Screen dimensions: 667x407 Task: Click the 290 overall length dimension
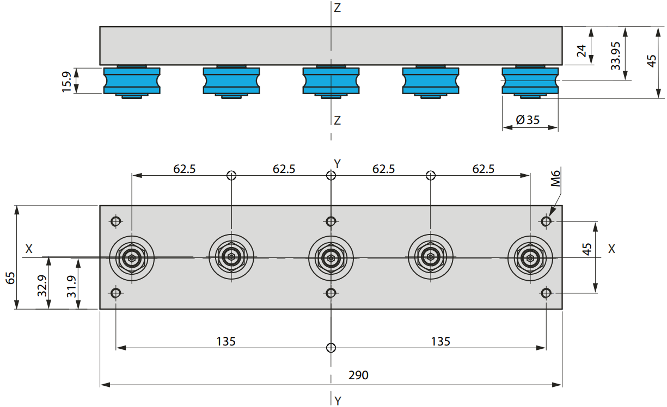[x=358, y=375]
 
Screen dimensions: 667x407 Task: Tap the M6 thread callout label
[x=555, y=178]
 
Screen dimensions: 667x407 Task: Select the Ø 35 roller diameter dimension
[x=528, y=120]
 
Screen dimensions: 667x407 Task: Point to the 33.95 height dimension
[x=615, y=56]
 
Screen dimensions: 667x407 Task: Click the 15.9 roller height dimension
[x=66, y=82]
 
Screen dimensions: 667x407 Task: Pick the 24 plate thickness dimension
[x=582, y=51]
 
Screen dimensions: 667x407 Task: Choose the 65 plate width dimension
[x=11, y=278]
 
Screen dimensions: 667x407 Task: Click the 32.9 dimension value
[x=42, y=286]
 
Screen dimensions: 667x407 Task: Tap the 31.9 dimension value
[x=71, y=287]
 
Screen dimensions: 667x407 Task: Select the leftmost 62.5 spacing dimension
[x=185, y=169]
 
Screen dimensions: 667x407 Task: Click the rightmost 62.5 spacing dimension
[x=483, y=169]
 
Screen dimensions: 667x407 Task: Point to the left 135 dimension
[x=226, y=341]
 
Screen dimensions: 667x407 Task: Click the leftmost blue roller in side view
[x=132, y=81]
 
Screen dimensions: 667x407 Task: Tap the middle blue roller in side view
[x=331, y=81]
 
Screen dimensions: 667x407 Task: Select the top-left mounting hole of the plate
[x=116, y=221]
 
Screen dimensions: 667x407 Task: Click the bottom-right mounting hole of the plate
[x=546, y=293]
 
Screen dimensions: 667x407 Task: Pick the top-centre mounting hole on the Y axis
[x=331, y=221]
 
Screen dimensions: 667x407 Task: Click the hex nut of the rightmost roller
[x=530, y=258]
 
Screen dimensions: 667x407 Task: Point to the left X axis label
[x=29, y=249]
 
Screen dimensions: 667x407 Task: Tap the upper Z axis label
[x=337, y=8]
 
